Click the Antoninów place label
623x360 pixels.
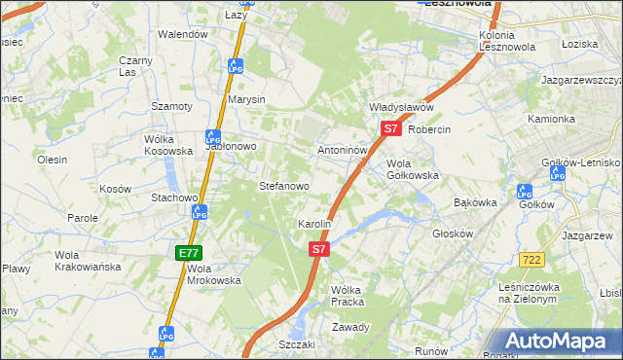(343, 152)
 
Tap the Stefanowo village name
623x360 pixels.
(283, 185)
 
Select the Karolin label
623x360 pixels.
(315, 224)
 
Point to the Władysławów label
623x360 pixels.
(400, 107)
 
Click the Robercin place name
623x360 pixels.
(431, 129)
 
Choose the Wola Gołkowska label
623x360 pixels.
(413, 169)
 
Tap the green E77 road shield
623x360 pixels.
(188, 253)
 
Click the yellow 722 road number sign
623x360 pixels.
(531, 259)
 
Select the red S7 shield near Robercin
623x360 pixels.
(390, 127)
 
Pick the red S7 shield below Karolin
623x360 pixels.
(318, 250)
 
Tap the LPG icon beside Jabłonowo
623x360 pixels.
(212, 139)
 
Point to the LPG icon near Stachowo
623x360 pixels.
(198, 211)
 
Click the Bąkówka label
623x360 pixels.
(476, 202)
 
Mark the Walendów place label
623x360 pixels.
(184, 34)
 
